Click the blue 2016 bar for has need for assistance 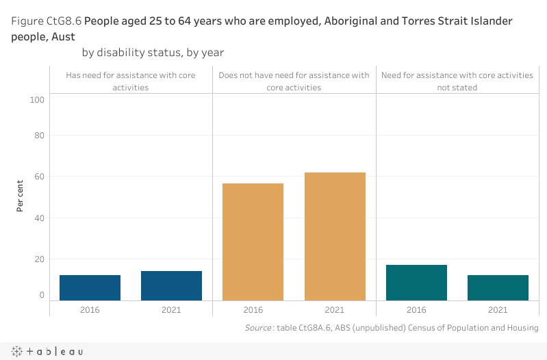90,287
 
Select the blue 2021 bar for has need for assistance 171,285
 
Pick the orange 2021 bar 335,236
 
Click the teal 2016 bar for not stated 416,282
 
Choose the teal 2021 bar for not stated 498,287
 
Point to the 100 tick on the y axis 37,100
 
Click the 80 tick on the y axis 39,136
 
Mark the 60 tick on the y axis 39,177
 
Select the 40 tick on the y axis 39,218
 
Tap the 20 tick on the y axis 39,259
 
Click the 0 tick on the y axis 42,295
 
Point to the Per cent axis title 21,195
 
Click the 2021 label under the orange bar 335,310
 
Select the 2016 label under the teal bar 416,310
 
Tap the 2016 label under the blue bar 90,310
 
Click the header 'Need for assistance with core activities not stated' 457,81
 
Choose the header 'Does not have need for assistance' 294,81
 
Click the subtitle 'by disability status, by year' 153,52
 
